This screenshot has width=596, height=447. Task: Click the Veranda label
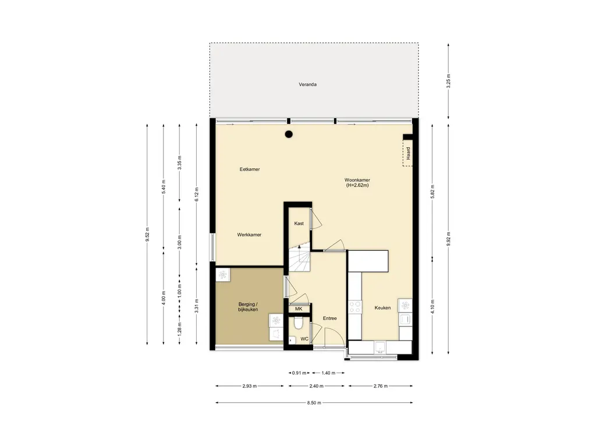307,84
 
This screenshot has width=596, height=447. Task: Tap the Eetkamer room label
250,169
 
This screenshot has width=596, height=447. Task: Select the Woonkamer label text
357,180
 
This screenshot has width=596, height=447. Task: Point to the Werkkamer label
249,235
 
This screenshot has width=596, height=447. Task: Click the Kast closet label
299,223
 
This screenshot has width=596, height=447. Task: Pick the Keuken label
382,308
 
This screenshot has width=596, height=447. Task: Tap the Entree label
329,318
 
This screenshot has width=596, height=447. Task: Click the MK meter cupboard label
299,308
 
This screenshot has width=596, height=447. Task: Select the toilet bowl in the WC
299,324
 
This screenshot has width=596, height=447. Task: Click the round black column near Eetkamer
289,134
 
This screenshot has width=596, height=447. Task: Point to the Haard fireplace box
407,153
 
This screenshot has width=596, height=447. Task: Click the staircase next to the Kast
300,258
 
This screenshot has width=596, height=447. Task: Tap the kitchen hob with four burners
355,307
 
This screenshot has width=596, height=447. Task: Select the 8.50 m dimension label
314,403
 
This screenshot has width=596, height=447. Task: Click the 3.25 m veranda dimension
448,81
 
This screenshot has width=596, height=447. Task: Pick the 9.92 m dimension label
448,239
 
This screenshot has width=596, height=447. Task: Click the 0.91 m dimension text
299,373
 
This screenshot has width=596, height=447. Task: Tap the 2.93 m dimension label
249,386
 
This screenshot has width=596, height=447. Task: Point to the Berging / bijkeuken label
248,307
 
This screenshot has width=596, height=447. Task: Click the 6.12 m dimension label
196,194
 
